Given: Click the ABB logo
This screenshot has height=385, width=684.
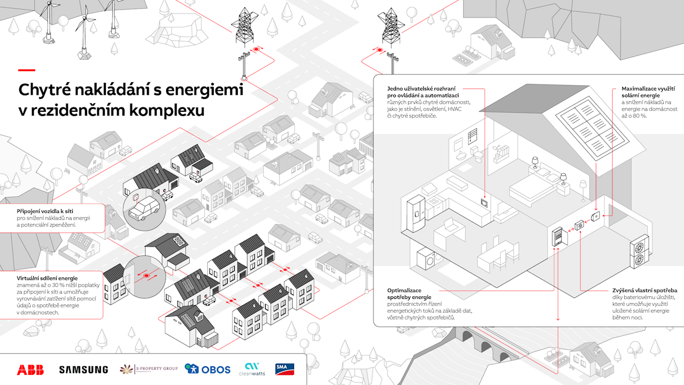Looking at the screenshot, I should coord(30,369).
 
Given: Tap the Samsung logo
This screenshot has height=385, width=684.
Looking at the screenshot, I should coord(83,369).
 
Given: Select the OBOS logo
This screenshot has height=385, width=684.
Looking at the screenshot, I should coord(208,369).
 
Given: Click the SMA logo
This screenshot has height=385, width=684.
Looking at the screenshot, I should coord(285,369).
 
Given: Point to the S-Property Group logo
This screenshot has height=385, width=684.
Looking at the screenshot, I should coord(148,369).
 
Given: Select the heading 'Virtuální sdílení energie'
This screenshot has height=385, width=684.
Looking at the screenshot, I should coord(48,278).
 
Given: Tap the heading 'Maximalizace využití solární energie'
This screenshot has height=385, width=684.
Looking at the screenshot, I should coord(648,91).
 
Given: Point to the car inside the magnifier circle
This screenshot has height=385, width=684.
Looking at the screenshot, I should coord(144,210).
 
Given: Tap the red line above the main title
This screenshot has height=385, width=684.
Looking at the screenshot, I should coord(27,70).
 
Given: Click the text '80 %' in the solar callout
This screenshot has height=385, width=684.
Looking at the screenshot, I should coord(637,115).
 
